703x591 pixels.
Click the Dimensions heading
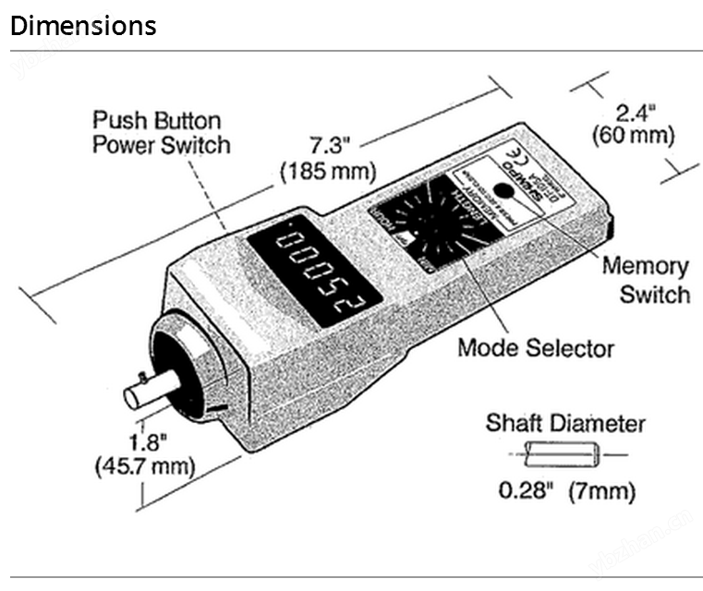point(83,26)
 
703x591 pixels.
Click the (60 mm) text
point(633,136)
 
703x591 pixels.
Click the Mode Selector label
point(535,348)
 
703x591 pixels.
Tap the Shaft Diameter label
point(565,424)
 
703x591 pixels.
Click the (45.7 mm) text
point(144,465)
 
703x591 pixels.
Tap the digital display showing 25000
point(304,271)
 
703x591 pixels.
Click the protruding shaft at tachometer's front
point(150,391)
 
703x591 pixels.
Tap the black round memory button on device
point(503,190)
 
